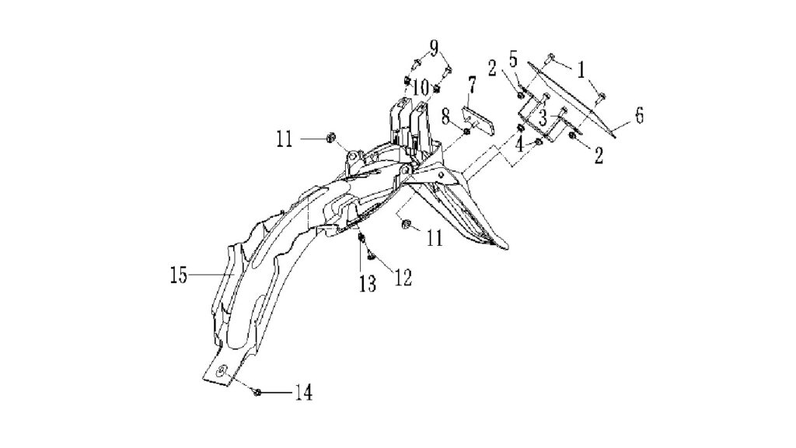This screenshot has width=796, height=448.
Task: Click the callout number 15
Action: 180,275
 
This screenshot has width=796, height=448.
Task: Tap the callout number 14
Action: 304,392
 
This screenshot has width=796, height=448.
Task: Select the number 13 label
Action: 368,284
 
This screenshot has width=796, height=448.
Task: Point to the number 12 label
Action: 403,278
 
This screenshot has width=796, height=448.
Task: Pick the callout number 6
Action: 639,115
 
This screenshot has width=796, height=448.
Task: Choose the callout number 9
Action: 433,47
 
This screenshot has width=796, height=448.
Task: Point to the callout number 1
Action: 580,69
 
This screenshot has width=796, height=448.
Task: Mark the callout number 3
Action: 543,119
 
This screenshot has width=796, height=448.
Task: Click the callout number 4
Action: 519,145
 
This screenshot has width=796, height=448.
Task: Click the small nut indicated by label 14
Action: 257,392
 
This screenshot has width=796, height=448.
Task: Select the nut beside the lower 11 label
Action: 406,223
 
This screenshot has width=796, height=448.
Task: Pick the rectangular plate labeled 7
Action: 478,120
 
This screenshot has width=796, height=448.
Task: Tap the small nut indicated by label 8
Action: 467,132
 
